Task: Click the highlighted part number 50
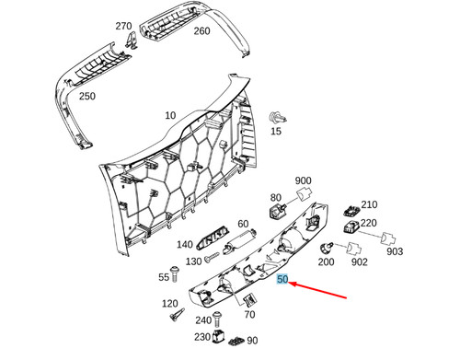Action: (282, 278)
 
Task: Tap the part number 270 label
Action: (123, 27)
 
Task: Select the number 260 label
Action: (201, 31)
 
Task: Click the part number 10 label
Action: (169, 116)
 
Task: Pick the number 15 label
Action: (274, 133)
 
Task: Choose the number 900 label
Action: (304, 181)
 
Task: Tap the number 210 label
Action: (369, 204)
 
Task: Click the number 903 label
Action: (394, 251)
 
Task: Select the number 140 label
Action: (185, 245)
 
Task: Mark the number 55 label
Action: (165, 277)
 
